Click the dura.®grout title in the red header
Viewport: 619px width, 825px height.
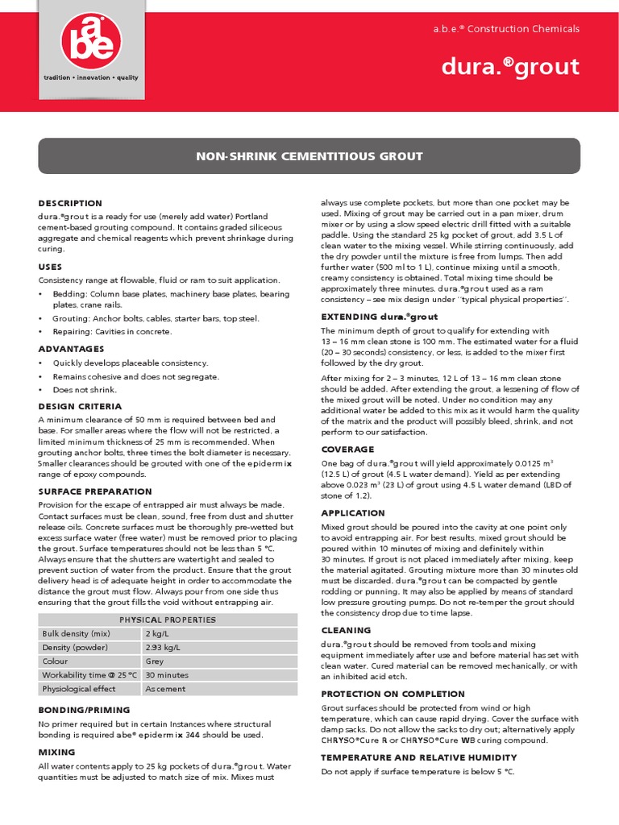[x=510, y=66]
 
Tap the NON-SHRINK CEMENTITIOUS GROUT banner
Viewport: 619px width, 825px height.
[x=309, y=155]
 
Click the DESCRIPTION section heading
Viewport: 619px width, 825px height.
[x=70, y=203]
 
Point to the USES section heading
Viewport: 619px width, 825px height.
[x=50, y=266]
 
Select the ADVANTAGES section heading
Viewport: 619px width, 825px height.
[x=71, y=349]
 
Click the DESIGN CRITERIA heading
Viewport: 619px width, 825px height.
[x=80, y=406]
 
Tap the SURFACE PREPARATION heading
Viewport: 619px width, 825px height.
[x=94, y=491]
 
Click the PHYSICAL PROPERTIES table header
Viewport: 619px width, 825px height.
[x=168, y=620]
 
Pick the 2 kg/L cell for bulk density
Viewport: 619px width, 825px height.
[x=156, y=633]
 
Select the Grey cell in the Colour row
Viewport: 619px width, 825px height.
[x=155, y=661]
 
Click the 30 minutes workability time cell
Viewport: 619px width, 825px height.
[x=167, y=674]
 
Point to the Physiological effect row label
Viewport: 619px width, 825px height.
[x=79, y=688]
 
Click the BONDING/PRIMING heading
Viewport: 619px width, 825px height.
[x=84, y=709]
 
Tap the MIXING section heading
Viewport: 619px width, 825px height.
[x=56, y=751]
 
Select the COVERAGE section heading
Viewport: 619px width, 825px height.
[x=347, y=449]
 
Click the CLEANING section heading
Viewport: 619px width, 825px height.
[x=346, y=630]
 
